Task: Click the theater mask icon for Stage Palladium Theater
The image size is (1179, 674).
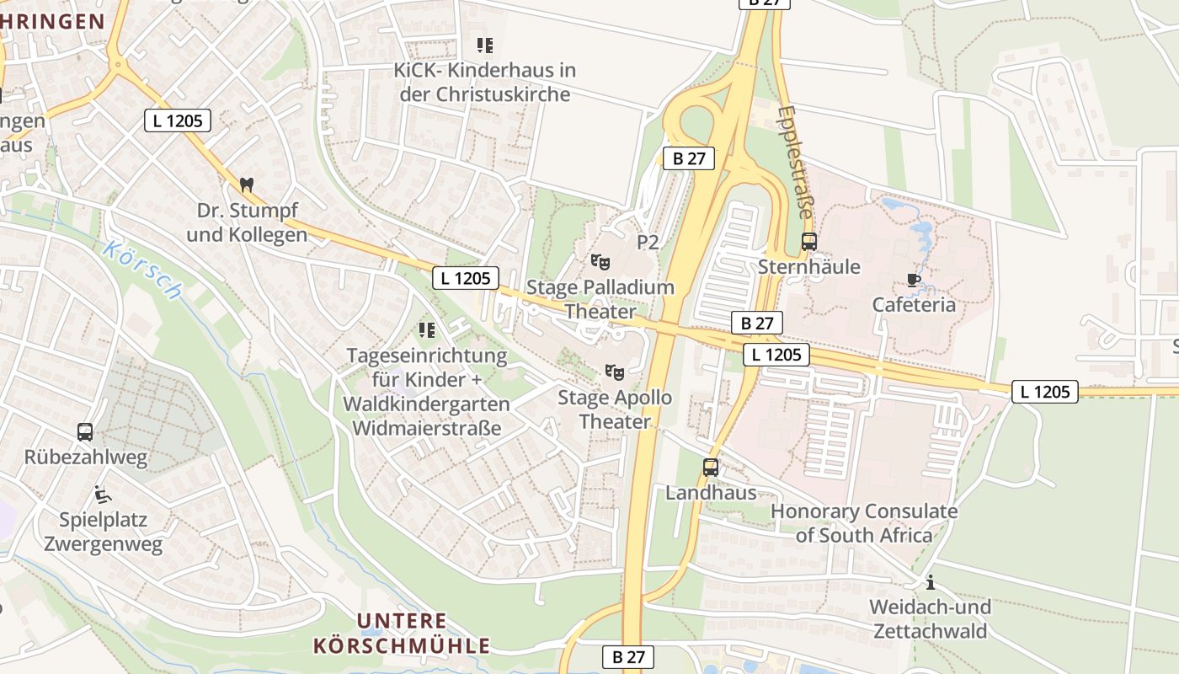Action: (600, 262)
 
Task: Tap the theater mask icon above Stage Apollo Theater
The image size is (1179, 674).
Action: (615, 372)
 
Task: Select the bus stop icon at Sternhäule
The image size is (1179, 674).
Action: (808, 242)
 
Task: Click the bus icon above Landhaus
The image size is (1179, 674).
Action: (711, 468)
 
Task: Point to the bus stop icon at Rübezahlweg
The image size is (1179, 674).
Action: (85, 432)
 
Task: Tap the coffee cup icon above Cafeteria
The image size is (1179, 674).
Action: (914, 280)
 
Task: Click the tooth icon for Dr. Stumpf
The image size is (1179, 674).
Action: (247, 185)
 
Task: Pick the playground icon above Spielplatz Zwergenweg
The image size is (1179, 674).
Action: (102, 495)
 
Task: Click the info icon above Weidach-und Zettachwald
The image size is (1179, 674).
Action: (931, 582)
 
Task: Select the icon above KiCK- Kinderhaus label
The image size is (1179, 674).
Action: (484, 45)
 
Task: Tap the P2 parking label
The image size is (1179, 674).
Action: (647, 243)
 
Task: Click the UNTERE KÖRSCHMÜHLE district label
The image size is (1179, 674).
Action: (402, 634)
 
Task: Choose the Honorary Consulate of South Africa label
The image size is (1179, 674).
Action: (864, 523)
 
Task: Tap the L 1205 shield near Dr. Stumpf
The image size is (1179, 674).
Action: (177, 120)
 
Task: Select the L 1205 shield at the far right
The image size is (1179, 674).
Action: (1044, 391)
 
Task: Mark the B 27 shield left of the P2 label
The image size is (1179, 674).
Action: (688, 158)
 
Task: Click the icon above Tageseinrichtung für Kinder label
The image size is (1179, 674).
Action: (427, 329)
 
